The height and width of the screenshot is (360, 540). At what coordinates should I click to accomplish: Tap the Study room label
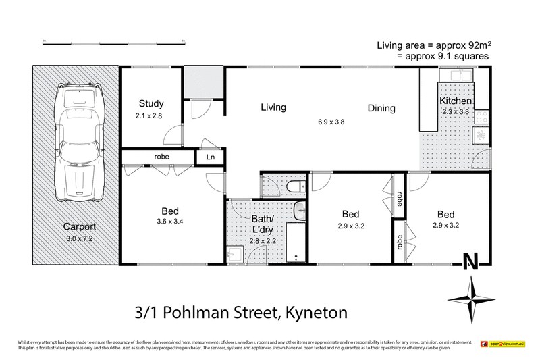click(x=151, y=103)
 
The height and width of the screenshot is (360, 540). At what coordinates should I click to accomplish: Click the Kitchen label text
click(x=456, y=101)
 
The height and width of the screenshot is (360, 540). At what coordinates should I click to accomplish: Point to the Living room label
click(x=273, y=107)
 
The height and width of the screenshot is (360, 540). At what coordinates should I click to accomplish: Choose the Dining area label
click(x=381, y=108)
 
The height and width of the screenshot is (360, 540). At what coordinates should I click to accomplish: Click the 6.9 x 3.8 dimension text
click(x=331, y=122)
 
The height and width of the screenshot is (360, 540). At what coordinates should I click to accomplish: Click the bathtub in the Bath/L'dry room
click(x=296, y=240)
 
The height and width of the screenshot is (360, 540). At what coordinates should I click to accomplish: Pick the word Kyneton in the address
click(x=315, y=313)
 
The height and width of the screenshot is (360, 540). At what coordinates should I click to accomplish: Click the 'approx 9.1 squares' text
click(x=443, y=57)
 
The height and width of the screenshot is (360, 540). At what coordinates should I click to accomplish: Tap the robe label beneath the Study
click(x=161, y=157)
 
